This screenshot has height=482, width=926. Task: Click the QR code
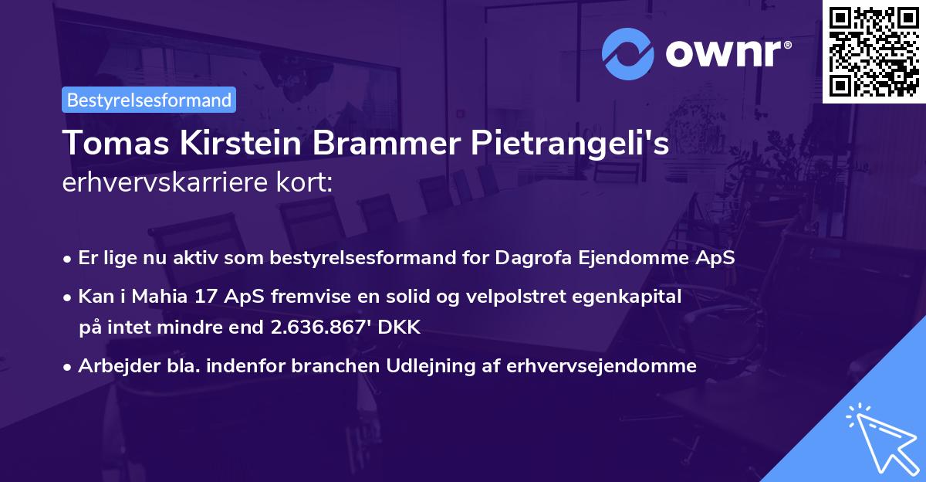pyautogui.click(x=874, y=52)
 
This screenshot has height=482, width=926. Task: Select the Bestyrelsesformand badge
pyautogui.click(x=149, y=100)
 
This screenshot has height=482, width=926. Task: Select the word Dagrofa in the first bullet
pyautogui.click(x=536, y=257)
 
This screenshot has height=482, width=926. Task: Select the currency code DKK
pyautogui.click(x=401, y=327)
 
